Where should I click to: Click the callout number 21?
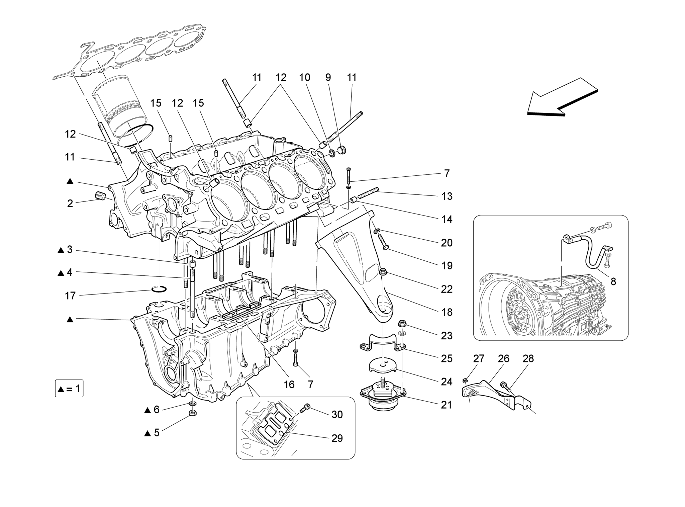447,405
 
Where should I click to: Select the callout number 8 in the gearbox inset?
613,282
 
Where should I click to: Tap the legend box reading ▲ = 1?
69,389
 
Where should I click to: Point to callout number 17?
70,295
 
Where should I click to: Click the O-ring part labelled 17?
159,289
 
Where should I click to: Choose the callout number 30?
337,415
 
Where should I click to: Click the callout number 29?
337,438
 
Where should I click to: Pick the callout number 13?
447,196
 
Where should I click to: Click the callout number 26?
503,359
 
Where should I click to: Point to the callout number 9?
328,78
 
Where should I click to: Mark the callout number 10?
304,78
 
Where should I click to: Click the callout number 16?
289,385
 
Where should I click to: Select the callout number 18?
447,312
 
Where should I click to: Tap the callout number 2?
70,203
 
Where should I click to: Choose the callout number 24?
447,382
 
